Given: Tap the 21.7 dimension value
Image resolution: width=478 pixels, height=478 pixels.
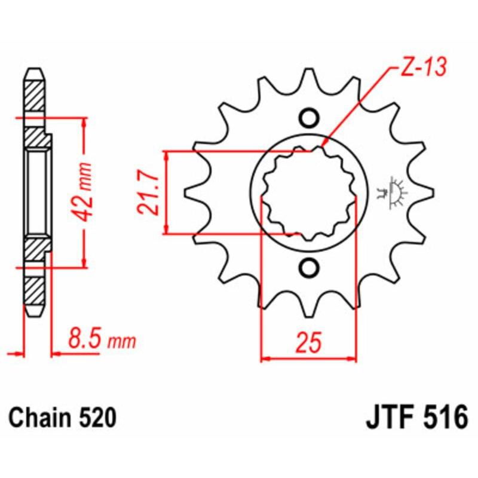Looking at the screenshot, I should pyautogui.click(x=146, y=192).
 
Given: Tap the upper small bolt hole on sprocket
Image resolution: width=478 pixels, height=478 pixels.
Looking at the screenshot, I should pyautogui.click(x=309, y=118).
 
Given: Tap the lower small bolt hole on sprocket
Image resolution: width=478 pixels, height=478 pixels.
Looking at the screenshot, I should pyautogui.click(x=309, y=268).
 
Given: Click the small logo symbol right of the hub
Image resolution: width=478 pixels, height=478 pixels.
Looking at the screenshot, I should pyautogui.click(x=394, y=192).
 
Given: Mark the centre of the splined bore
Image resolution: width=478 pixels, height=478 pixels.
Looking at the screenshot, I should pyautogui.click(x=309, y=193).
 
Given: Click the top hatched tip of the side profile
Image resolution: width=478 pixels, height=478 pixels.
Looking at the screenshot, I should pyautogui.click(x=35, y=90).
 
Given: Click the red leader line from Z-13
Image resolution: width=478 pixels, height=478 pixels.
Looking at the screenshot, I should pyautogui.click(x=358, y=108).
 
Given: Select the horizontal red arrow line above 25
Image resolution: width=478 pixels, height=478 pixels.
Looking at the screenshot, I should pyautogui.click(x=309, y=359).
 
